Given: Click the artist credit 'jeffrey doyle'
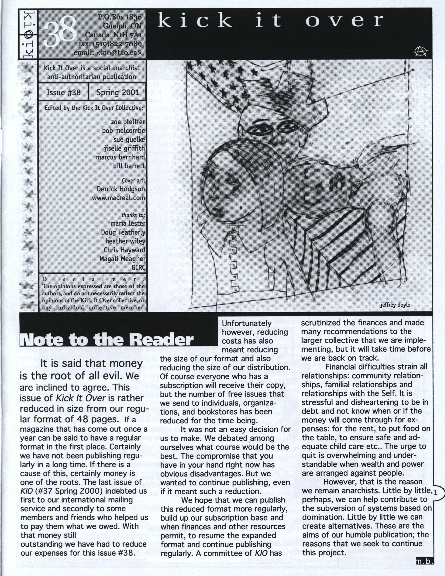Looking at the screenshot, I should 395,305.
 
